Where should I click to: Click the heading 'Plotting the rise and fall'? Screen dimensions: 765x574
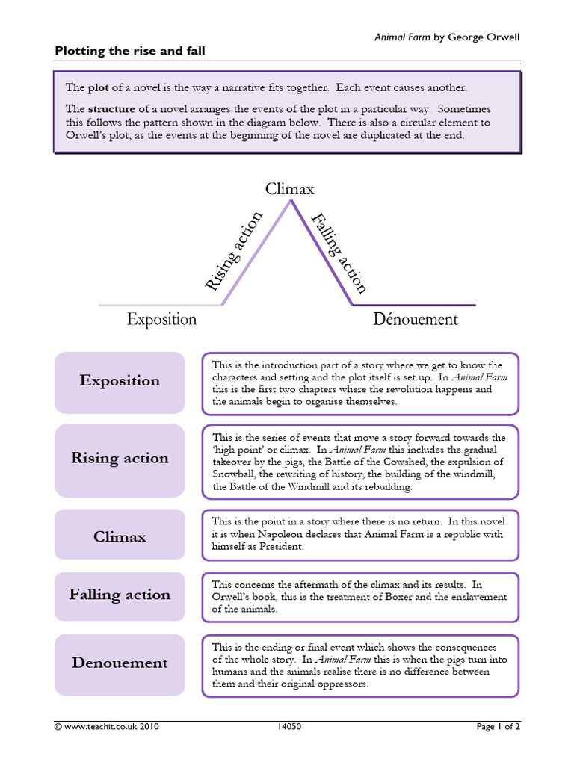point(130,51)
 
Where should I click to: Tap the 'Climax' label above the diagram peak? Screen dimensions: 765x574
point(290,189)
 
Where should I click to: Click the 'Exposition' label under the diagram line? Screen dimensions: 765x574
point(161,320)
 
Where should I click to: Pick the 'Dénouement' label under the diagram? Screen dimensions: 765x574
point(416,320)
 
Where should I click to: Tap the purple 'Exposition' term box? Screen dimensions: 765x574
point(120,381)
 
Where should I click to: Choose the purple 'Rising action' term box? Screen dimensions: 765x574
point(120,459)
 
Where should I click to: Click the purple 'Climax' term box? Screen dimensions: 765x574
point(120,536)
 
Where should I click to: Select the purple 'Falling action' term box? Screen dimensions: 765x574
point(120,595)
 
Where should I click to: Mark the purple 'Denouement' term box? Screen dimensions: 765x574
point(120,663)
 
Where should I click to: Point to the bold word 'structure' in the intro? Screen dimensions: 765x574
point(111,108)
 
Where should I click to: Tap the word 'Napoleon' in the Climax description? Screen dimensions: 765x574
point(288,534)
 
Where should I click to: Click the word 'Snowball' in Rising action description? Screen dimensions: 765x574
point(235,474)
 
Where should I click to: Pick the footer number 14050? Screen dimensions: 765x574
point(289,726)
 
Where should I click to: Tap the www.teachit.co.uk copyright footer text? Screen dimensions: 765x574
point(106,726)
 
